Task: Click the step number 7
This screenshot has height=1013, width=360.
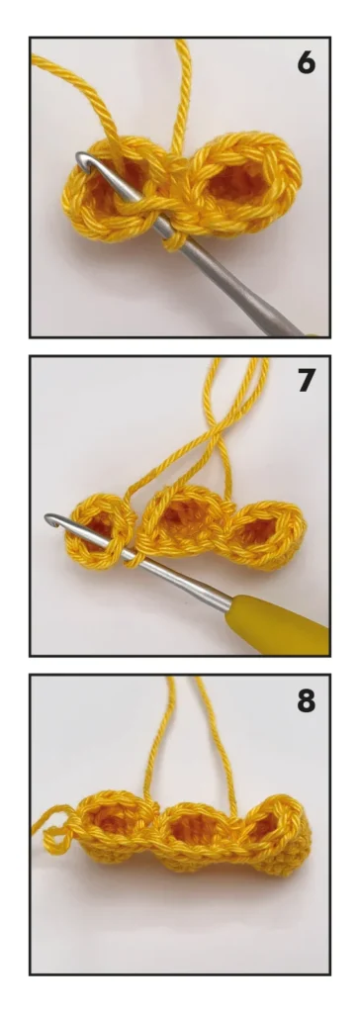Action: (307, 381)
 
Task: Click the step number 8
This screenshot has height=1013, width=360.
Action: (306, 700)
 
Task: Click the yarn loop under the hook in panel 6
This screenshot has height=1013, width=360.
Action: (172, 242)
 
